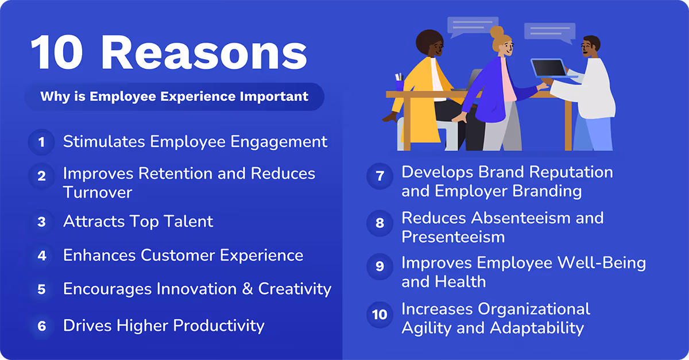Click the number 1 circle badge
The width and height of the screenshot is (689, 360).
tap(41, 142)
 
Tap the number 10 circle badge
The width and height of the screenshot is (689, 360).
tap(380, 315)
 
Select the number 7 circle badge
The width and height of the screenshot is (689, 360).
tap(380, 176)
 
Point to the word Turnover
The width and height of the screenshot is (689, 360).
tap(98, 192)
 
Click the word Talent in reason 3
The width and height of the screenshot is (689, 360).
tap(186, 222)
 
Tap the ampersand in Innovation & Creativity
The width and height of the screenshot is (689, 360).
tap(247, 289)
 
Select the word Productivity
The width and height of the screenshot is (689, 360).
tap(219, 326)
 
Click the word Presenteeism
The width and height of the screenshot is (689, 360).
tap(453, 237)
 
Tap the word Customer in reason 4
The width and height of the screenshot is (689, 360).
tap(177, 255)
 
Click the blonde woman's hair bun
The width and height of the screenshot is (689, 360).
tap(497, 32)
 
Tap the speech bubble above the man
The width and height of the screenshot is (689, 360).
tap(549, 32)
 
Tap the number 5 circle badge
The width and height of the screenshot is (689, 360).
tap(41, 289)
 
